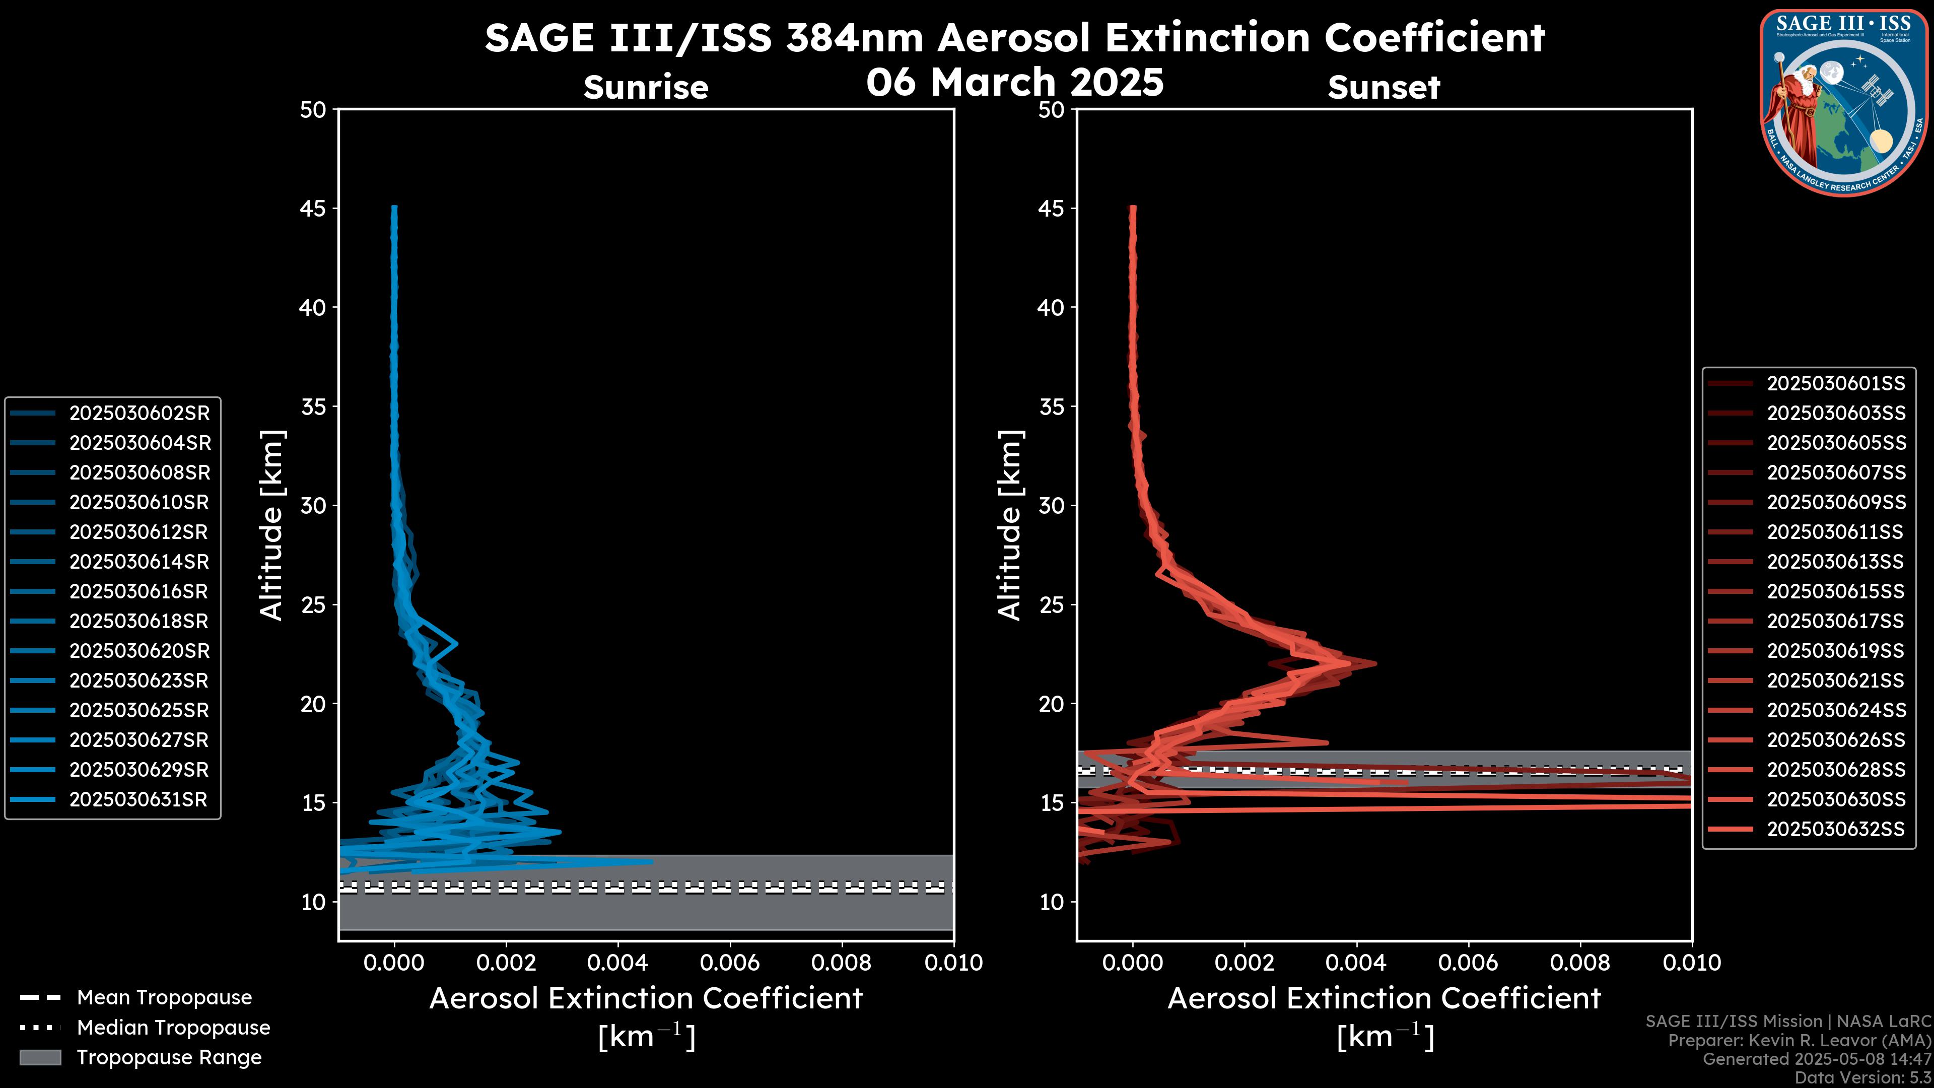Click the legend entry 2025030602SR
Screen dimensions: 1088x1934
140,413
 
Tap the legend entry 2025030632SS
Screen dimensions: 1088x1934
1836,830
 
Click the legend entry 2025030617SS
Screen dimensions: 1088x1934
1836,622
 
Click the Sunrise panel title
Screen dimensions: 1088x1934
646,87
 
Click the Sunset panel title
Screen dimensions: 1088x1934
1384,87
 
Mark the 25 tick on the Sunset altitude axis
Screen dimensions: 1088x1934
1052,605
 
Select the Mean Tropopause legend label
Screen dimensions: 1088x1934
164,998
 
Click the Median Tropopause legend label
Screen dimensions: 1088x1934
173,1028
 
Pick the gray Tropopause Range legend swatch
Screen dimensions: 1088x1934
40,1058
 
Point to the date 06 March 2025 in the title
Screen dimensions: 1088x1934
1014,82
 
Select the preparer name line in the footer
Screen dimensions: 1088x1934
1799,1041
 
